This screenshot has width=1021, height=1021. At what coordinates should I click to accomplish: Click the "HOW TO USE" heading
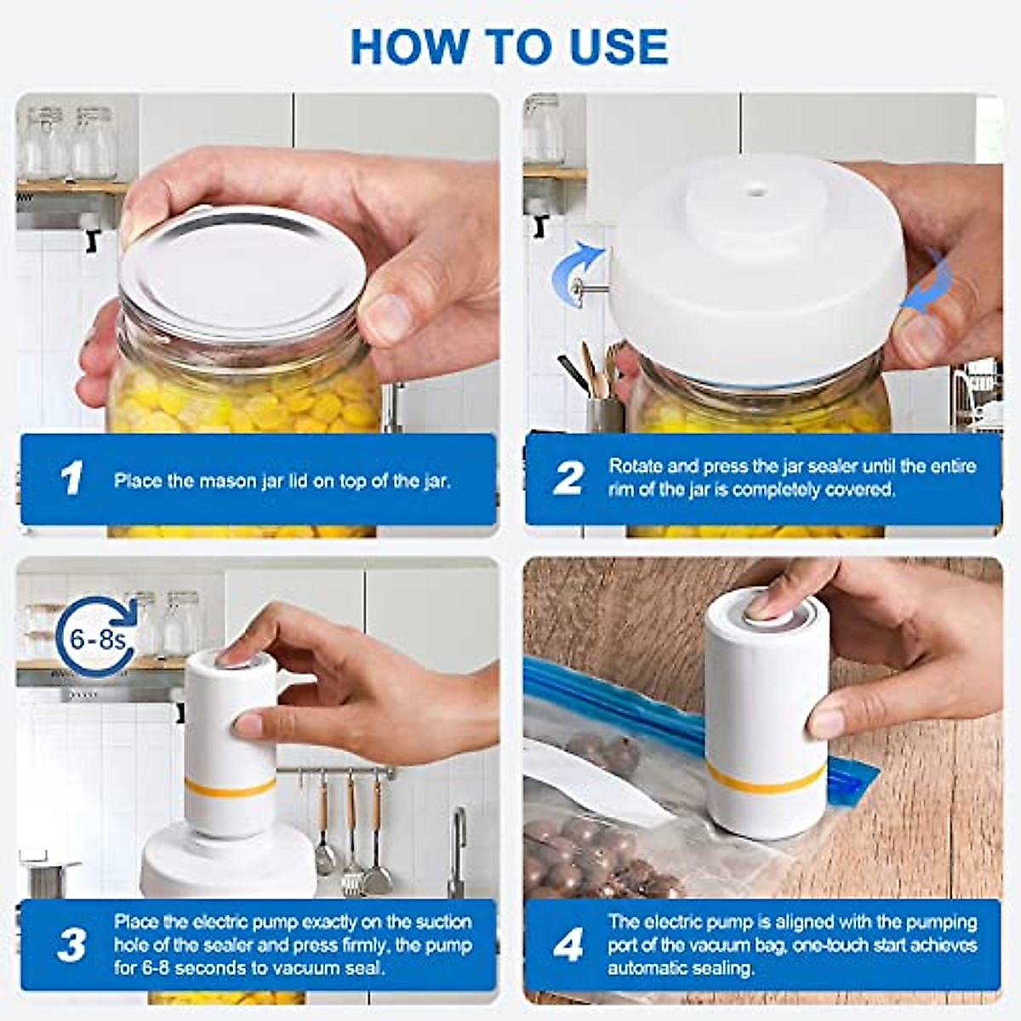[509, 47]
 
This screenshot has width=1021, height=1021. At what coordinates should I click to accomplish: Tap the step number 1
[71, 478]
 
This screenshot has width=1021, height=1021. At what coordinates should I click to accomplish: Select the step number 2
[568, 478]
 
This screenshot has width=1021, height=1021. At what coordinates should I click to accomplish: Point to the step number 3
[71, 946]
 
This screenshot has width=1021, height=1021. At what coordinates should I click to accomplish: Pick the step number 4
[568, 946]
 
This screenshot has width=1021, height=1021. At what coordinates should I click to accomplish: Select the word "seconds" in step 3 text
[213, 968]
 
